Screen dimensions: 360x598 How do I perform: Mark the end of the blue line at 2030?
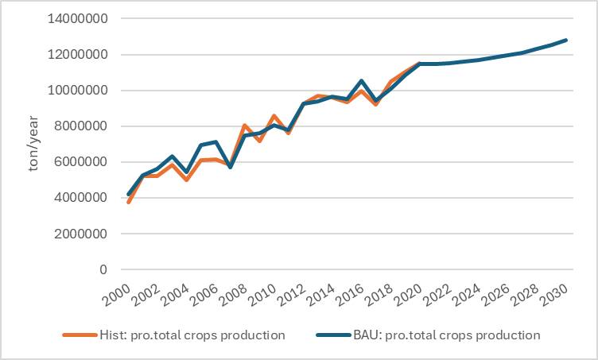coord(566,40)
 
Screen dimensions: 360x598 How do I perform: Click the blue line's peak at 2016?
coord(362,81)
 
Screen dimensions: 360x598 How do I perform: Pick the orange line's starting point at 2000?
coord(129,203)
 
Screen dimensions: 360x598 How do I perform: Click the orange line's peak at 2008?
coord(245,126)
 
